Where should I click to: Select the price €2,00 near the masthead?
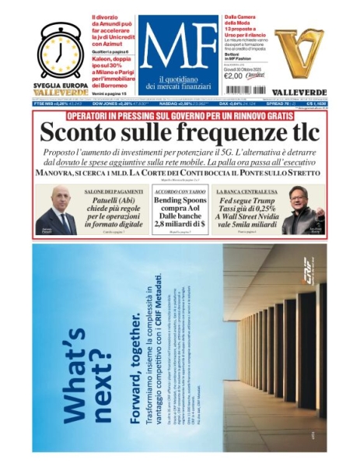(x=233, y=75)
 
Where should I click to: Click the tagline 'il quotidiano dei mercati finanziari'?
(x=179, y=83)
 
